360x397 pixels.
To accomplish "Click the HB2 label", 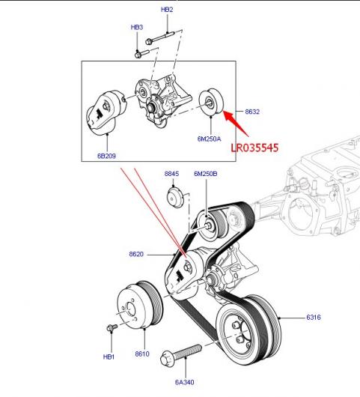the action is click(x=167, y=10).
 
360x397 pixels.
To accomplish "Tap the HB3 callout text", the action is click(x=137, y=27).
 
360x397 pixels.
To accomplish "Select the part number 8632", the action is click(x=252, y=112).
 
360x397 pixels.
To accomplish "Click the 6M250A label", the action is click(x=210, y=139).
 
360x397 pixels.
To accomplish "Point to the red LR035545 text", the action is click(x=254, y=148).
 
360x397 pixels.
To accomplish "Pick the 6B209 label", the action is click(x=106, y=156).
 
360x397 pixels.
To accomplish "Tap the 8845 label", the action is click(x=171, y=174).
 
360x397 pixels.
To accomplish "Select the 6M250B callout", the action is click(x=205, y=174).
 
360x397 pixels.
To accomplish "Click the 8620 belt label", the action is click(x=136, y=254).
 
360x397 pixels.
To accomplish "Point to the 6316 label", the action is click(x=314, y=318).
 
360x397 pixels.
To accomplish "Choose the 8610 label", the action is click(x=142, y=354).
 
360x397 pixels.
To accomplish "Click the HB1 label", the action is click(x=109, y=357).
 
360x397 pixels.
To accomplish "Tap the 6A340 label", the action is click(x=184, y=382).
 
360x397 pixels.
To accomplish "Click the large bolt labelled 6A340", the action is click(x=180, y=354).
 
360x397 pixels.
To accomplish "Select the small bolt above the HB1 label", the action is click(x=112, y=327).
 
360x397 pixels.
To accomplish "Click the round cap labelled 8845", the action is click(x=175, y=198).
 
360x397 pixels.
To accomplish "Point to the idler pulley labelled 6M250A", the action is click(x=211, y=102).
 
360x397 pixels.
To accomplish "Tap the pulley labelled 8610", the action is click(x=140, y=305).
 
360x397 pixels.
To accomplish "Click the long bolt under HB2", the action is click(x=160, y=37).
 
